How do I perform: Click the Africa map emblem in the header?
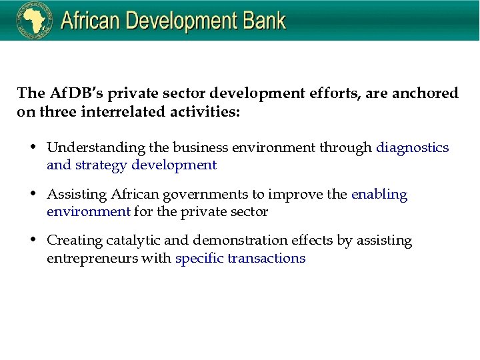(34, 21)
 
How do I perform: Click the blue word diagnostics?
(413, 147)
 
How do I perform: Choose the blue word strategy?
(100, 165)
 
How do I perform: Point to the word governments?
(215, 195)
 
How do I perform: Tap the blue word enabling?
(379, 195)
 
